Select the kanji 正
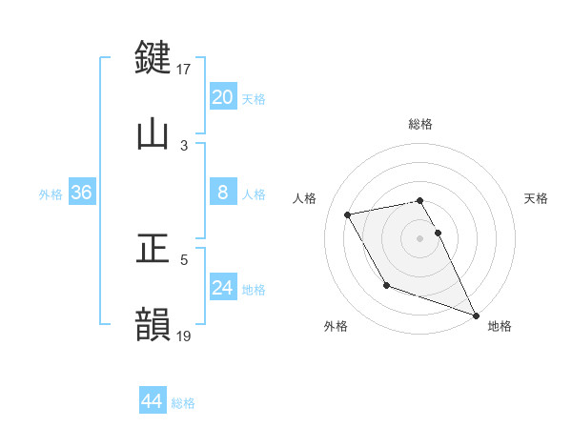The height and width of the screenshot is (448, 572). click(x=153, y=249)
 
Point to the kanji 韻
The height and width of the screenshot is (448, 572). click(x=153, y=324)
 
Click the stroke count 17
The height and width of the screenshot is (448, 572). click(x=184, y=69)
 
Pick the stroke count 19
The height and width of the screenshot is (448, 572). click(x=184, y=336)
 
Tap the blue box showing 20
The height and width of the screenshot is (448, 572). click(x=222, y=97)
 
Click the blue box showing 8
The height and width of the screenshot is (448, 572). click(x=222, y=193)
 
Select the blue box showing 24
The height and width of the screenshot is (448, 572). click(x=222, y=288)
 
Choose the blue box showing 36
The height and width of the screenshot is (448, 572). click(x=81, y=193)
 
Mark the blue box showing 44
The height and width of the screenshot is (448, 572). click(x=152, y=401)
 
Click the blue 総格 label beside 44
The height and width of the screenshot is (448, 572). click(x=183, y=403)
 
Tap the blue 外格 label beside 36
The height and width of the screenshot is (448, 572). click(x=51, y=194)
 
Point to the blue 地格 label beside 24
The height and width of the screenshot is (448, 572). click(x=254, y=290)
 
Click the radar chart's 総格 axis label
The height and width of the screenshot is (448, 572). click(x=420, y=124)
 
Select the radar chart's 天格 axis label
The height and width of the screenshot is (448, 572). click(x=536, y=198)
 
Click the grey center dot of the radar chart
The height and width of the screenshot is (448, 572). click(x=420, y=238)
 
